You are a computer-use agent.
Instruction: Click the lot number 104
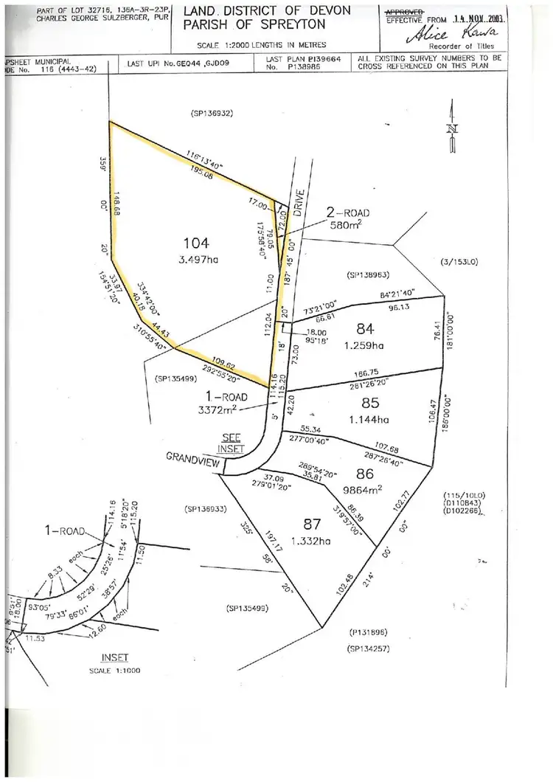click(198, 243)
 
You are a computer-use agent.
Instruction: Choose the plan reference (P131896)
click(368, 632)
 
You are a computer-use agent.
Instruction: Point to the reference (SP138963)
click(367, 274)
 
